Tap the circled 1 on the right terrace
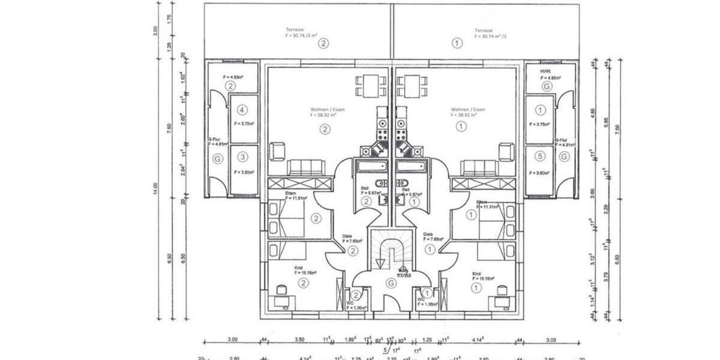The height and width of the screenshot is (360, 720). click(458, 43)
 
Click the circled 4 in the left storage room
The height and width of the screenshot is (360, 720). click(242, 110)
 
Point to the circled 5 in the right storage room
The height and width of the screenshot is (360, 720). click(541, 157)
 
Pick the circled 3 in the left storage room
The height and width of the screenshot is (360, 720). click(242, 157)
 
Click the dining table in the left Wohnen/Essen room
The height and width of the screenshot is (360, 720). click(370, 85)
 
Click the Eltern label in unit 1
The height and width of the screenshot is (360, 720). click(482, 202)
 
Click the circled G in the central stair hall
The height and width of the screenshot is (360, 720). click(391, 282)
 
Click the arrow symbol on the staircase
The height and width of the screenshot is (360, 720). click(379, 263)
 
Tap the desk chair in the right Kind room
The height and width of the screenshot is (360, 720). click(502, 290)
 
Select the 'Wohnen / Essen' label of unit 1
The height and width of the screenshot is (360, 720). click(468, 110)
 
